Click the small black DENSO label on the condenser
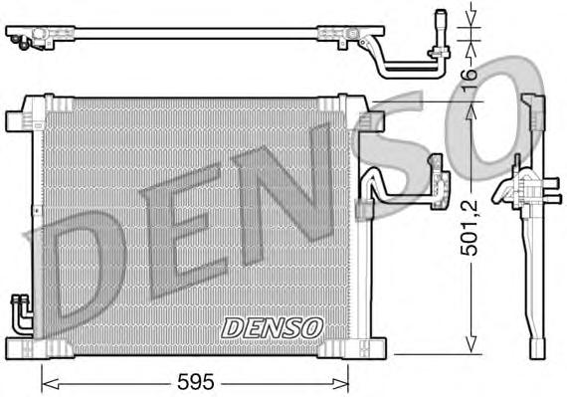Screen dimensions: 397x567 pos(271,325)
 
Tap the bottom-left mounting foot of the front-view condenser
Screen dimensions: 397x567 pos(22,347)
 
